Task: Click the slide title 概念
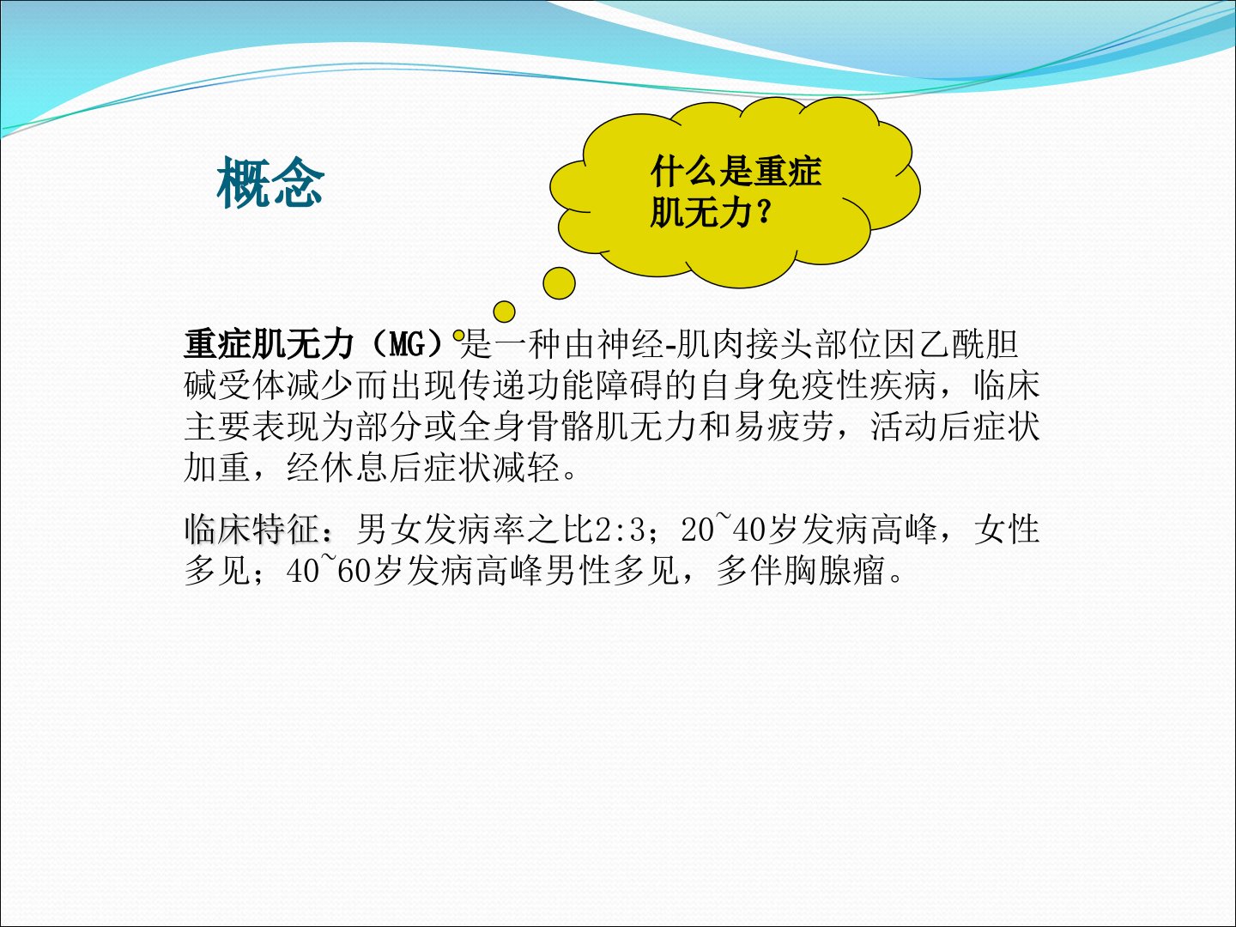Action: [x=270, y=182]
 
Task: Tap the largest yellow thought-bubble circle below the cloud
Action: [x=559, y=283]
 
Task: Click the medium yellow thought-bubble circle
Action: [x=504, y=312]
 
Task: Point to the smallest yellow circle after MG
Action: [x=459, y=336]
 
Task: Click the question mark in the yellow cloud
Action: [x=764, y=214]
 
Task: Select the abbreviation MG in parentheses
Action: [x=407, y=344]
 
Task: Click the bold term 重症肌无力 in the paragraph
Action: [x=270, y=344]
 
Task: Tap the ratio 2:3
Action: [x=621, y=530]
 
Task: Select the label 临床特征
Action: [x=252, y=529]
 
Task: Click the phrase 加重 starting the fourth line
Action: [x=217, y=467]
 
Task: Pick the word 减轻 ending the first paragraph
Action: [x=526, y=467]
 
